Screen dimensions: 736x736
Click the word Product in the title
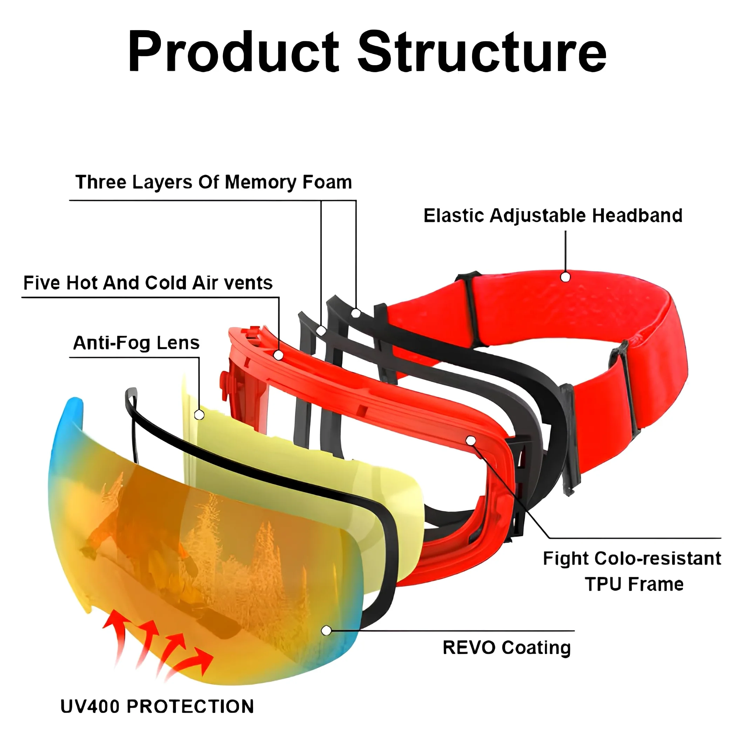point(233,52)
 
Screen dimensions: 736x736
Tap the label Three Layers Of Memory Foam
point(213,182)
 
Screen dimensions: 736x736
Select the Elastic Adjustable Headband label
point(553,216)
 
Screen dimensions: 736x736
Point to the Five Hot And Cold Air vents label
point(148,283)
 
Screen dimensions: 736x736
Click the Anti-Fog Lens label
point(136,343)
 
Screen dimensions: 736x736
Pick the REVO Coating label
point(507,648)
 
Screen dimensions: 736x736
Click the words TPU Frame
point(634,584)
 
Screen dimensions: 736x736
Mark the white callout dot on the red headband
point(565,277)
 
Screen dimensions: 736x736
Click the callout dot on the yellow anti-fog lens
point(199,415)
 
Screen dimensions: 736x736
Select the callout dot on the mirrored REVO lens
point(326,631)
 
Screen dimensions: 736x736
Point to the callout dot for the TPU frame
point(471,441)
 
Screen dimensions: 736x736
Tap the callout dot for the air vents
point(279,355)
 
